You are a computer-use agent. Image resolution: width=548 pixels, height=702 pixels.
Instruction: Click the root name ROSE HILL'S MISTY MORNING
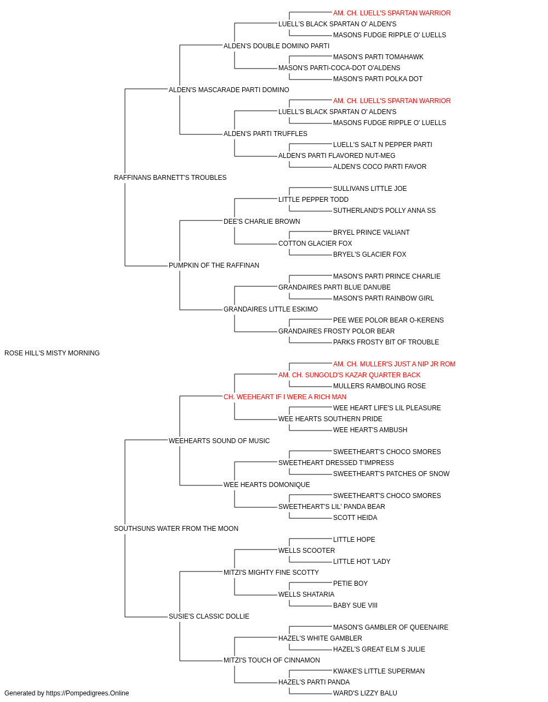coord(52,353)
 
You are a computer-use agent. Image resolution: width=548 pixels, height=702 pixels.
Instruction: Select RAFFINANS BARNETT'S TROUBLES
coord(170,178)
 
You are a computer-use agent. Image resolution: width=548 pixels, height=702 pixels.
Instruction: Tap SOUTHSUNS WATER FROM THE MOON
coord(176,529)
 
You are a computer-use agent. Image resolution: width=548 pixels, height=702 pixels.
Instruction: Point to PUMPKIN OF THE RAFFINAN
coord(214,265)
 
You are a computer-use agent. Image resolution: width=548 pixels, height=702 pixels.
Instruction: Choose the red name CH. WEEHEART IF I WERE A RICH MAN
coord(284,397)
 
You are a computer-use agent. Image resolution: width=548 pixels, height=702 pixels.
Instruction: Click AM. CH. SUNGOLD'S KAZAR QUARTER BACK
coord(349,375)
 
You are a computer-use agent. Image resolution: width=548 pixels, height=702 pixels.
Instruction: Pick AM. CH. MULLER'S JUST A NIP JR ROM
coord(394,364)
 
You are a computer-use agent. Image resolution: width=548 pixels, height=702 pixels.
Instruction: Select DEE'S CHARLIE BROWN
coord(262,222)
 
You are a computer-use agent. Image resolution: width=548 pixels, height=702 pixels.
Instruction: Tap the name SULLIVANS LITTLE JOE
coord(370,189)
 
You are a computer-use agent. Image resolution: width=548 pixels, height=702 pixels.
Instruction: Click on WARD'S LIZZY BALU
coord(365,693)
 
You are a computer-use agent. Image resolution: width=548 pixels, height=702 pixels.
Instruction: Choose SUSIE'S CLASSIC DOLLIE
coord(209,616)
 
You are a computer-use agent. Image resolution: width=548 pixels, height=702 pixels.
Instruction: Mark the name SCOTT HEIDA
coord(355,518)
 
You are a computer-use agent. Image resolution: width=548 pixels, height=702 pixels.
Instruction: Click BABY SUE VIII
coord(355,605)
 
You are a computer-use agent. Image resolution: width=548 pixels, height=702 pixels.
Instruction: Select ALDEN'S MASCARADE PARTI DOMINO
coord(229,90)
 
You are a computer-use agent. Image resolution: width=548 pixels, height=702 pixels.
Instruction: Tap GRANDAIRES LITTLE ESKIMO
coord(271,309)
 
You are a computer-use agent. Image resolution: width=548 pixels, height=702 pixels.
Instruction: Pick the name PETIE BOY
coord(350,584)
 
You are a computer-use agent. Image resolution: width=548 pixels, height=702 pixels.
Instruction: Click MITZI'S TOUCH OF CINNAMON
coord(271,660)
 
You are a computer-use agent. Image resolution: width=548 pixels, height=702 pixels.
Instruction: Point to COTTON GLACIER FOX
coord(315,244)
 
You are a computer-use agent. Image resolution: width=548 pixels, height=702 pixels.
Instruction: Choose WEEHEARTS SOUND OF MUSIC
coord(219,441)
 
